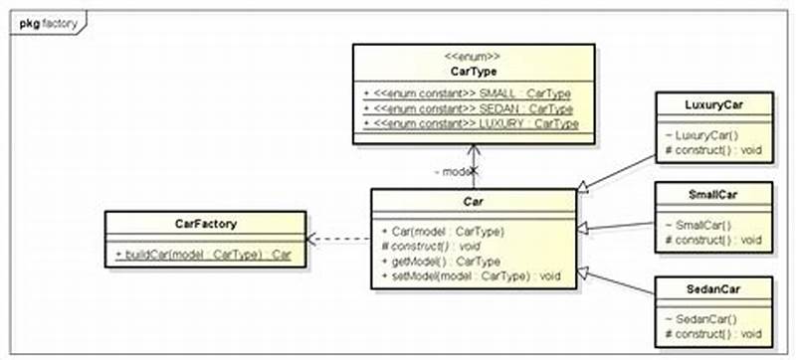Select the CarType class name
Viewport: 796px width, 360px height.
coord(473,71)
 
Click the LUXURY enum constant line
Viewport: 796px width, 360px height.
coord(471,122)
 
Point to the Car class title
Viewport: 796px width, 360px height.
coord(473,202)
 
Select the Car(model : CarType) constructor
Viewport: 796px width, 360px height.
coord(443,231)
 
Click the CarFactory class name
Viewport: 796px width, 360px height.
coord(205,225)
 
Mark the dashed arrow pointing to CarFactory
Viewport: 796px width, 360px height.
coord(338,240)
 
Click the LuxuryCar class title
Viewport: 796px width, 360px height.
coord(714,103)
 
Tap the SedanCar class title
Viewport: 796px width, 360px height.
coord(714,288)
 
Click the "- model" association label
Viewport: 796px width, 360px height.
coord(452,171)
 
